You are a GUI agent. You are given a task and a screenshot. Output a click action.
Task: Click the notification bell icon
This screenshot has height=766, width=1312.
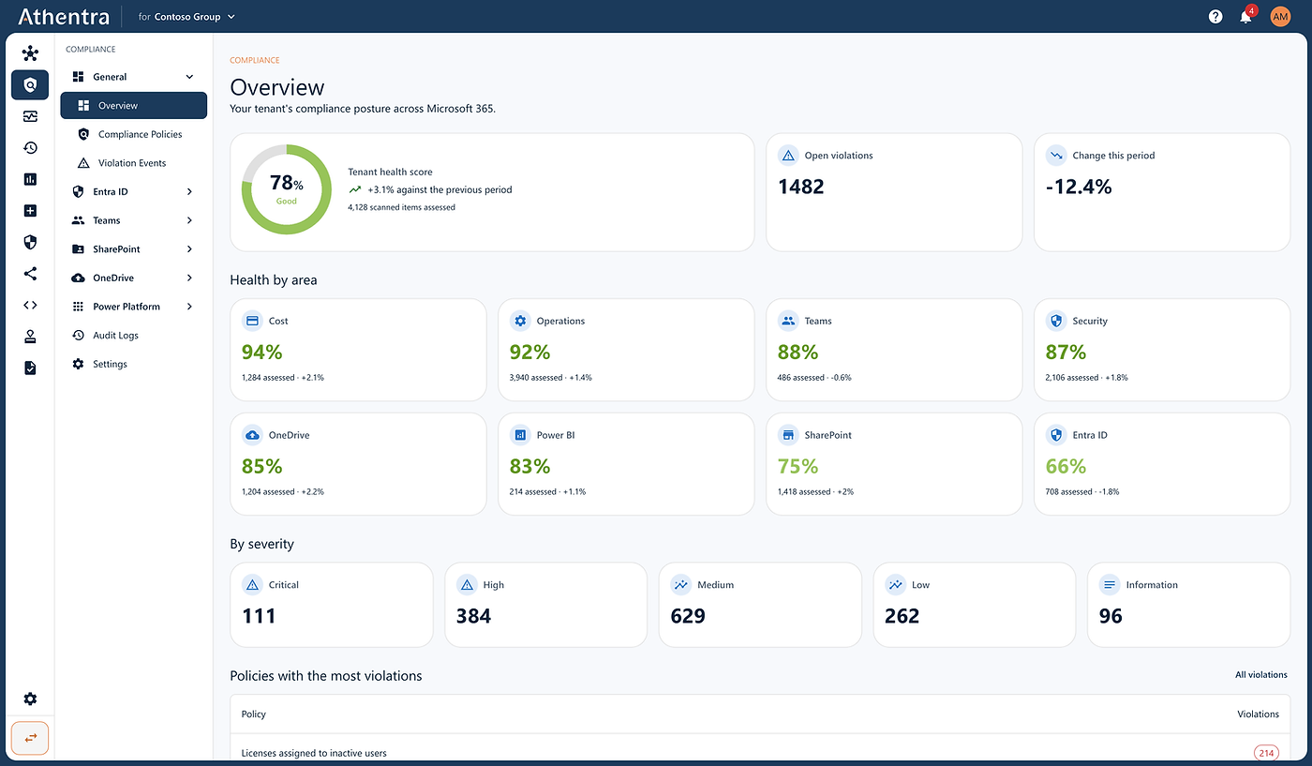pos(1245,17)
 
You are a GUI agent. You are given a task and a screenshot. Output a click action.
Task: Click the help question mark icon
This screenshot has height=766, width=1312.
pos(1215,17)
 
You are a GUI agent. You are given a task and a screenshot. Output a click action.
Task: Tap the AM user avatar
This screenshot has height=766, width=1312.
pos(1280,17)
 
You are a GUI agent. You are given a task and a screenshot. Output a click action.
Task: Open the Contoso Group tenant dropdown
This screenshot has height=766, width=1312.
pos(186,17)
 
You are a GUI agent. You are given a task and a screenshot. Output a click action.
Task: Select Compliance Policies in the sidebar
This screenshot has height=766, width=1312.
pos(140,134)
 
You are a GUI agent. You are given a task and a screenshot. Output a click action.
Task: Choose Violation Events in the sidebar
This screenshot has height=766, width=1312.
pos(132,163)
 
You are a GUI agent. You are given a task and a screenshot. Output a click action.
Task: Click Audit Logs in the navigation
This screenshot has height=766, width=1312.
pos(115,336)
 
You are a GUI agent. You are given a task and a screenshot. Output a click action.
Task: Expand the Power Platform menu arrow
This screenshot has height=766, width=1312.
pos(189,307)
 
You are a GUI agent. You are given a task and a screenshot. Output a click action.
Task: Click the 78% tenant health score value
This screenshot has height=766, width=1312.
pos(287,183)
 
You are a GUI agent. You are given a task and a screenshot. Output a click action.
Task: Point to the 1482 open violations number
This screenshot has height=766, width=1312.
pos(800,187)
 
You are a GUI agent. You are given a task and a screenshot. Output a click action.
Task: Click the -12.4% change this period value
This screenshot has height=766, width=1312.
pos(1079,187)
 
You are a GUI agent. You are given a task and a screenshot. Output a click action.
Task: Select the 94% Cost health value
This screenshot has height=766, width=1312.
pos(261,352)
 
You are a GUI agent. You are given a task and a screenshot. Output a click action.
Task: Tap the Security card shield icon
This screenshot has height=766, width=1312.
pos(1056,321)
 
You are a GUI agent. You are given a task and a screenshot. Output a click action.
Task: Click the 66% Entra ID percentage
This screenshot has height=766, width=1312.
pos(1066,466)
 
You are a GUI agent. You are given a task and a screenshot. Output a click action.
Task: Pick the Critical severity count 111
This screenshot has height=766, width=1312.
pos(259,616)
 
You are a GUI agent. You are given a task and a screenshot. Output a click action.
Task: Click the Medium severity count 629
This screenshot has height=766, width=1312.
pos(688,616)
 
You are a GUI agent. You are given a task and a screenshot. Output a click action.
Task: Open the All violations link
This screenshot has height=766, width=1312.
pos(1261,674)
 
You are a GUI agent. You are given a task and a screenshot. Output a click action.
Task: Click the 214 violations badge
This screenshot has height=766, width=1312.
pos(1266,753)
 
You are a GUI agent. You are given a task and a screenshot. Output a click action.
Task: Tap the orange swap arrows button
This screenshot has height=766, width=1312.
pos(30,738)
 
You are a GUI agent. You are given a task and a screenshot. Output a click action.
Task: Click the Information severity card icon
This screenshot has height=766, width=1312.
pos(1110,584)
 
